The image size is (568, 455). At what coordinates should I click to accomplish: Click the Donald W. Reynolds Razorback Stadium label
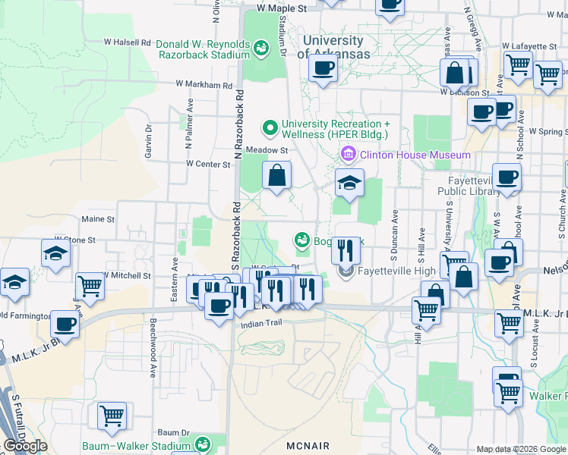point(203,49)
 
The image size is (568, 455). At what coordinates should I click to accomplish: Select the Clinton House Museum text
point(415,155)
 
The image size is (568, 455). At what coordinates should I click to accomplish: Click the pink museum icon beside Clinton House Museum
point(349,155)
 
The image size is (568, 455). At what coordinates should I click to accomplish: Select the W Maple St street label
point(281,8)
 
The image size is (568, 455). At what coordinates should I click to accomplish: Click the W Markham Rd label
point(203,85)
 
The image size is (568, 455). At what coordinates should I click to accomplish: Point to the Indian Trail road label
point(261,324)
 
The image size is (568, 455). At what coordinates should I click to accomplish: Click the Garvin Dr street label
point(149,141)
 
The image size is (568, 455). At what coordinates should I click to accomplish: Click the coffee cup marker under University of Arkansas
point(322,69)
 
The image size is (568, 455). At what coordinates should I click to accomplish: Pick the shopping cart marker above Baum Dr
point(112,415)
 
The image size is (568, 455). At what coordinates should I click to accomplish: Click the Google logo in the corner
point(25,446)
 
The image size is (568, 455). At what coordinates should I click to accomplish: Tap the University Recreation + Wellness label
point(335,129)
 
